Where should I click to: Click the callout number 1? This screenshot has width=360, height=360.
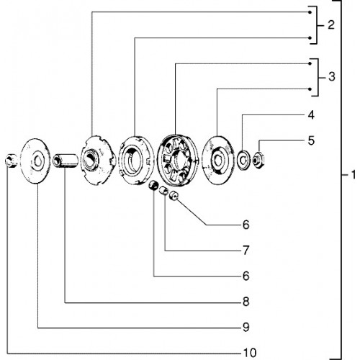coord(354,175)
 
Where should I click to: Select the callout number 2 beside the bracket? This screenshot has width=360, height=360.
coord(331,24)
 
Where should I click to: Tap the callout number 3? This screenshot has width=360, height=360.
coord(332,77)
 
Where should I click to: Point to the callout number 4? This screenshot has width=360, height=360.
coord(311,115)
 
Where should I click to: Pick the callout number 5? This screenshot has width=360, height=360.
coord(311,140)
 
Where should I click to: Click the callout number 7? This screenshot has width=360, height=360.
coord(246,251)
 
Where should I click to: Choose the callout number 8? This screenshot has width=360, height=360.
coord(246,302)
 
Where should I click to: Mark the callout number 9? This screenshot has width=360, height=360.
coord(246,327)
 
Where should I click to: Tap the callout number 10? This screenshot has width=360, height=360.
coord(250,353)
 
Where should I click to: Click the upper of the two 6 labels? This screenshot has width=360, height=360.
coord(246,225)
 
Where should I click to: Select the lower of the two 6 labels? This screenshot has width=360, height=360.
coord(246,276)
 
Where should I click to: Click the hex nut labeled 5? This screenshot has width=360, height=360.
coord(258,161)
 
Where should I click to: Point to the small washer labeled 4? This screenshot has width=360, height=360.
coord(243,160)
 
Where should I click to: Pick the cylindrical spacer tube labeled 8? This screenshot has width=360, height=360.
coord(66,161)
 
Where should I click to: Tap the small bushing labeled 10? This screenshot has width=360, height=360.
coord(11,161)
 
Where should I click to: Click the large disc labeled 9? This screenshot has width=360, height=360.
coord(35,161)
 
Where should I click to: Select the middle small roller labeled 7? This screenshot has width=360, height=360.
coord(163,191)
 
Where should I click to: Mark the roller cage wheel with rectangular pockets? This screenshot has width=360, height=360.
coord(178,161)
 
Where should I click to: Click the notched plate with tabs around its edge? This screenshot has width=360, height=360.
coord(97,160)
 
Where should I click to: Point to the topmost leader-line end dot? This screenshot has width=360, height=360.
coord(310,12)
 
